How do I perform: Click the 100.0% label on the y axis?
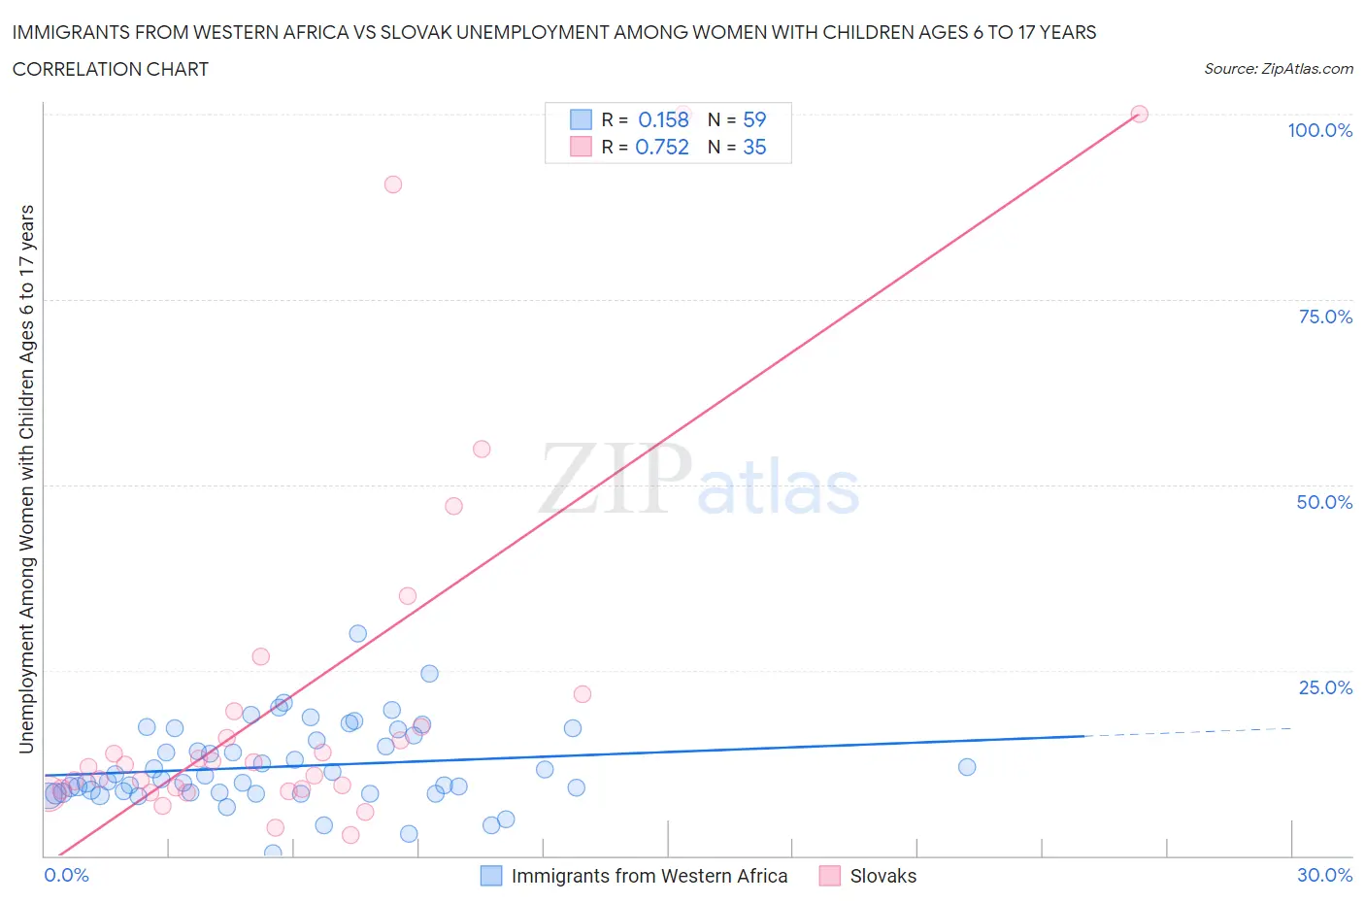(1319, 130)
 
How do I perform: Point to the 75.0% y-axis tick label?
(1325, 317)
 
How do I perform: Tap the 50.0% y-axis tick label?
(1324, 502)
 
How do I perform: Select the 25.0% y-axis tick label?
(1325, 687)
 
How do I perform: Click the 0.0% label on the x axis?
(66, 875)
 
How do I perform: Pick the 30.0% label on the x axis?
(1324, 875)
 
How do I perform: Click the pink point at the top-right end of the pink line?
(1140, 114)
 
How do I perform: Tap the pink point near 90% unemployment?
(393, 184)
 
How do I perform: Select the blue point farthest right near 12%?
(967, 767)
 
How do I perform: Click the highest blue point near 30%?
(358, 634)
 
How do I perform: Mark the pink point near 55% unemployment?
(482, 449)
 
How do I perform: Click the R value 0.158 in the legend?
(663, 119)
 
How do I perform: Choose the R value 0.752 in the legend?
(662, 147)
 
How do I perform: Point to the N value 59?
(754, 119)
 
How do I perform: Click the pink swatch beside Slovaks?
(829, 876)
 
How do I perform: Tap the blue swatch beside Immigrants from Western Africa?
(491, 876)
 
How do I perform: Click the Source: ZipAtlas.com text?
(1278, 69)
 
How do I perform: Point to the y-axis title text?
(26, 479)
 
